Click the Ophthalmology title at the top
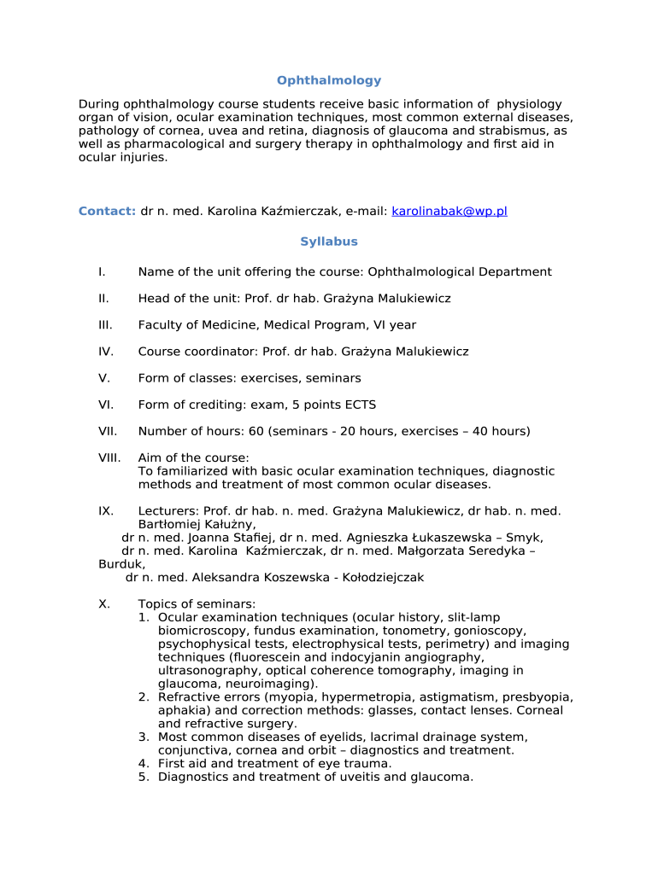point(329,80)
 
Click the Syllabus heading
point(329,242)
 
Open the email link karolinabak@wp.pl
point(449,211)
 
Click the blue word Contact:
point(107,211)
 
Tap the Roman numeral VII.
point(108,431)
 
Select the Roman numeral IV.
point(106,352)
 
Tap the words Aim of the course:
point(194,458)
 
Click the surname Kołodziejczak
point(383,578)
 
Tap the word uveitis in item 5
point(361,777)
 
